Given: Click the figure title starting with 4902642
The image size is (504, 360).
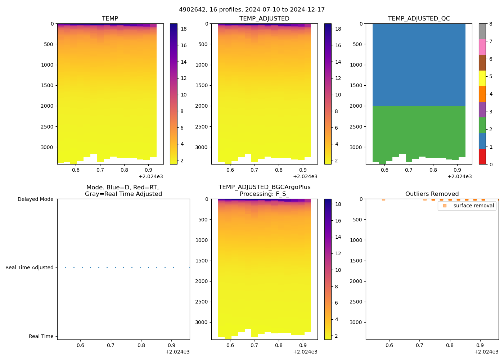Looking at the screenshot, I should point(252,10).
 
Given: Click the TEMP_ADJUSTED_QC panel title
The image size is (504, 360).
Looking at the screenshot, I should point(419,18).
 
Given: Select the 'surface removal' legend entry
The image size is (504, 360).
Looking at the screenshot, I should point(473,206).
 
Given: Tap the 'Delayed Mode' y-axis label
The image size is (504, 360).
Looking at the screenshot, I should point(35,199).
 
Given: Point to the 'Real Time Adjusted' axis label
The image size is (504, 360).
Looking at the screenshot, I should point(29,267).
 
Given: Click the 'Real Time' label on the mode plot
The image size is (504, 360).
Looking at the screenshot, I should point(41,336).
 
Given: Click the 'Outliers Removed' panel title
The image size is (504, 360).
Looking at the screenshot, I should point(432,194).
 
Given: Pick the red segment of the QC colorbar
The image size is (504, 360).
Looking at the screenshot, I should point(482,157).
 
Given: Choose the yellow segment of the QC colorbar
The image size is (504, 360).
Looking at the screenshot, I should point(482,78).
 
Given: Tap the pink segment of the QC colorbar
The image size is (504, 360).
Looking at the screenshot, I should point(482,47).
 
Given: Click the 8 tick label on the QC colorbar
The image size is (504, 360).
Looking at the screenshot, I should point(491,24).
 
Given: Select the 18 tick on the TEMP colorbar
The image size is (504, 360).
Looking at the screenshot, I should point(184,29).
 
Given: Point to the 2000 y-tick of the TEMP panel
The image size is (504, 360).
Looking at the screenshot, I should point(47,106).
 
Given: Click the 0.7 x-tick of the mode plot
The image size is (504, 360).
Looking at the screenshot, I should point(111,345).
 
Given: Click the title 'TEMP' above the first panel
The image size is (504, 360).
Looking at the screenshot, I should point(110,18).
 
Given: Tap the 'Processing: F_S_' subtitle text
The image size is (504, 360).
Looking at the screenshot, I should point(264,194).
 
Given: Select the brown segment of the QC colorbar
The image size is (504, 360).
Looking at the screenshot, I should point(482,63).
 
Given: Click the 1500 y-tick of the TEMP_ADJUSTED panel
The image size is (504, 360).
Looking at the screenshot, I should point(202,85).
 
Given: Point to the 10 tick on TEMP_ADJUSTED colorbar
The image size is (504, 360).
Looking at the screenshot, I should point(338,95).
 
